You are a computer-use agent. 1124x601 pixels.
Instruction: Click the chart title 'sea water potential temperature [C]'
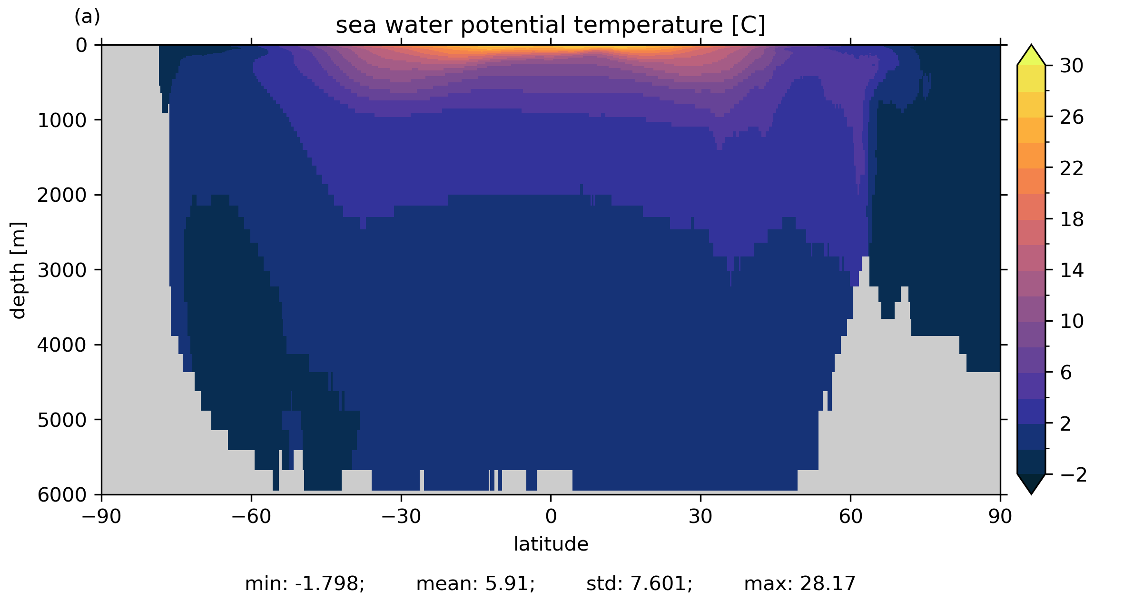pos(550,25)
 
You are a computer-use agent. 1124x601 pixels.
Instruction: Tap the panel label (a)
pos(87,17)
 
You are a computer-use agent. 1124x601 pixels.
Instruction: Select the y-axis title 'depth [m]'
pos(18,270)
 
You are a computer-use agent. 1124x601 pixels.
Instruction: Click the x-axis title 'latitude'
pos(551,544)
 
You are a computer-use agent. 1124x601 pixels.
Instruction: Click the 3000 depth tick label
pos(62,270)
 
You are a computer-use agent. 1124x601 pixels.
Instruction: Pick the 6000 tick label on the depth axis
pos(62,495)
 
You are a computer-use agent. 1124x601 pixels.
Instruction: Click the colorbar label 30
pos(1072,66)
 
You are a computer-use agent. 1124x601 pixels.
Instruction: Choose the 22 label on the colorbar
pos(1072,168)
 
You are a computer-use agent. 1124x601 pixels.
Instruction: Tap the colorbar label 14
pos(1072,271)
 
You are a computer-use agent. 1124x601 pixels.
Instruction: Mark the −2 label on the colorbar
pos(1074,475)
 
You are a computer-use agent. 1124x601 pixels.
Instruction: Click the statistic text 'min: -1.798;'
pos(305,584)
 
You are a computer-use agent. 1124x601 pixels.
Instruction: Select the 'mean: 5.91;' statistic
pos(475,584)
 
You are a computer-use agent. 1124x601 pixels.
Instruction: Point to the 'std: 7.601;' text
pos(639,584)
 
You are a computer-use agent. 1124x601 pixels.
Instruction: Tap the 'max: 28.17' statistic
pos(799,584)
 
